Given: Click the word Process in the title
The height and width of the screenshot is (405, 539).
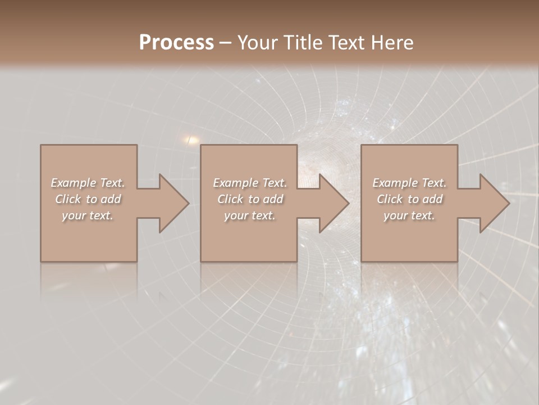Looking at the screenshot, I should pos(176,43).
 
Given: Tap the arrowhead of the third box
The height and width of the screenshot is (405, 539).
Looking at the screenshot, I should pos(494,203).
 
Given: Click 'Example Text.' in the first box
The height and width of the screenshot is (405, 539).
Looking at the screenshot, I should pos(88,183).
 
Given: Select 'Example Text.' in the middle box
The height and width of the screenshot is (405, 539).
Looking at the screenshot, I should pos(250,183).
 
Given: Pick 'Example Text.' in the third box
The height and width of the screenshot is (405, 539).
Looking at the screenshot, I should pos(409,183).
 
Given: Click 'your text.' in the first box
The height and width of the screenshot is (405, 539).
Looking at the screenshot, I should pos(88,215).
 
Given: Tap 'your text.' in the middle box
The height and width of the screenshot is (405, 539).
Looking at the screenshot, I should pos(250,215).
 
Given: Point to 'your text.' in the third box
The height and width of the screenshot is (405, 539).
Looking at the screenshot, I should pos(409,215).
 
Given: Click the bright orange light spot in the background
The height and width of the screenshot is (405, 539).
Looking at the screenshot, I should pos(191,139).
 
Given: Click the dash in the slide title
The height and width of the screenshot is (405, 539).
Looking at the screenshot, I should pos(226,43).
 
